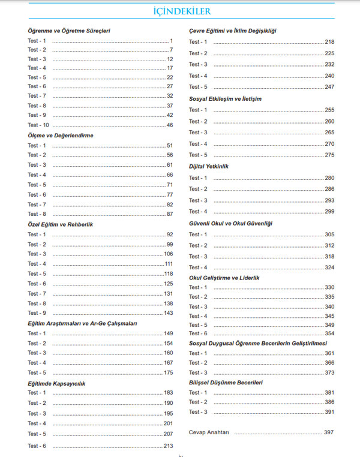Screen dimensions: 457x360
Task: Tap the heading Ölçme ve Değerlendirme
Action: pyautogui.click(x=61, y=136)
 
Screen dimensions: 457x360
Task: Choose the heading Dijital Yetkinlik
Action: pyautogui.click(x=209, y=166)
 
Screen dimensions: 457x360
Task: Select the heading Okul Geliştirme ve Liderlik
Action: pyautogui.click(x=225, y=278)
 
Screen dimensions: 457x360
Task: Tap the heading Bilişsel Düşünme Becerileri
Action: pyautogui.click(x=226, y=382)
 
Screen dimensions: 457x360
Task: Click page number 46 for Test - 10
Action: pyautogui.click(x=169, y=125)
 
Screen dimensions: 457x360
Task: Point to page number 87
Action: pyautogui.click(x=169, y=214)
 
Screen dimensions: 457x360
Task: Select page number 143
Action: pyautogui.click(x=168, y=313)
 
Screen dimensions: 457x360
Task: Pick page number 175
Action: pyautogui.click(x=168, y=372)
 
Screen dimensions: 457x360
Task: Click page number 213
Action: pyautogui.click(x=168, y=446)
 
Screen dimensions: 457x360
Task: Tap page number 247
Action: pyautogui.click(x=329, y=87)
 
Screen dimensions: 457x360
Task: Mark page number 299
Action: pyautogui.click(x=329, y=211)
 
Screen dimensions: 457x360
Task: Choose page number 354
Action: pyautogui.click(x=329, y=333)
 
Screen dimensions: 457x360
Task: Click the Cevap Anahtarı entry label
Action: pyautogui.click(x=209, y=432)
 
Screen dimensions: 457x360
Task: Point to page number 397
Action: pyautogui.click(x=328, y=432)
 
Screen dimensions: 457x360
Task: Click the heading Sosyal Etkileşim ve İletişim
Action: pyautogui.click(x=225, y=98)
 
